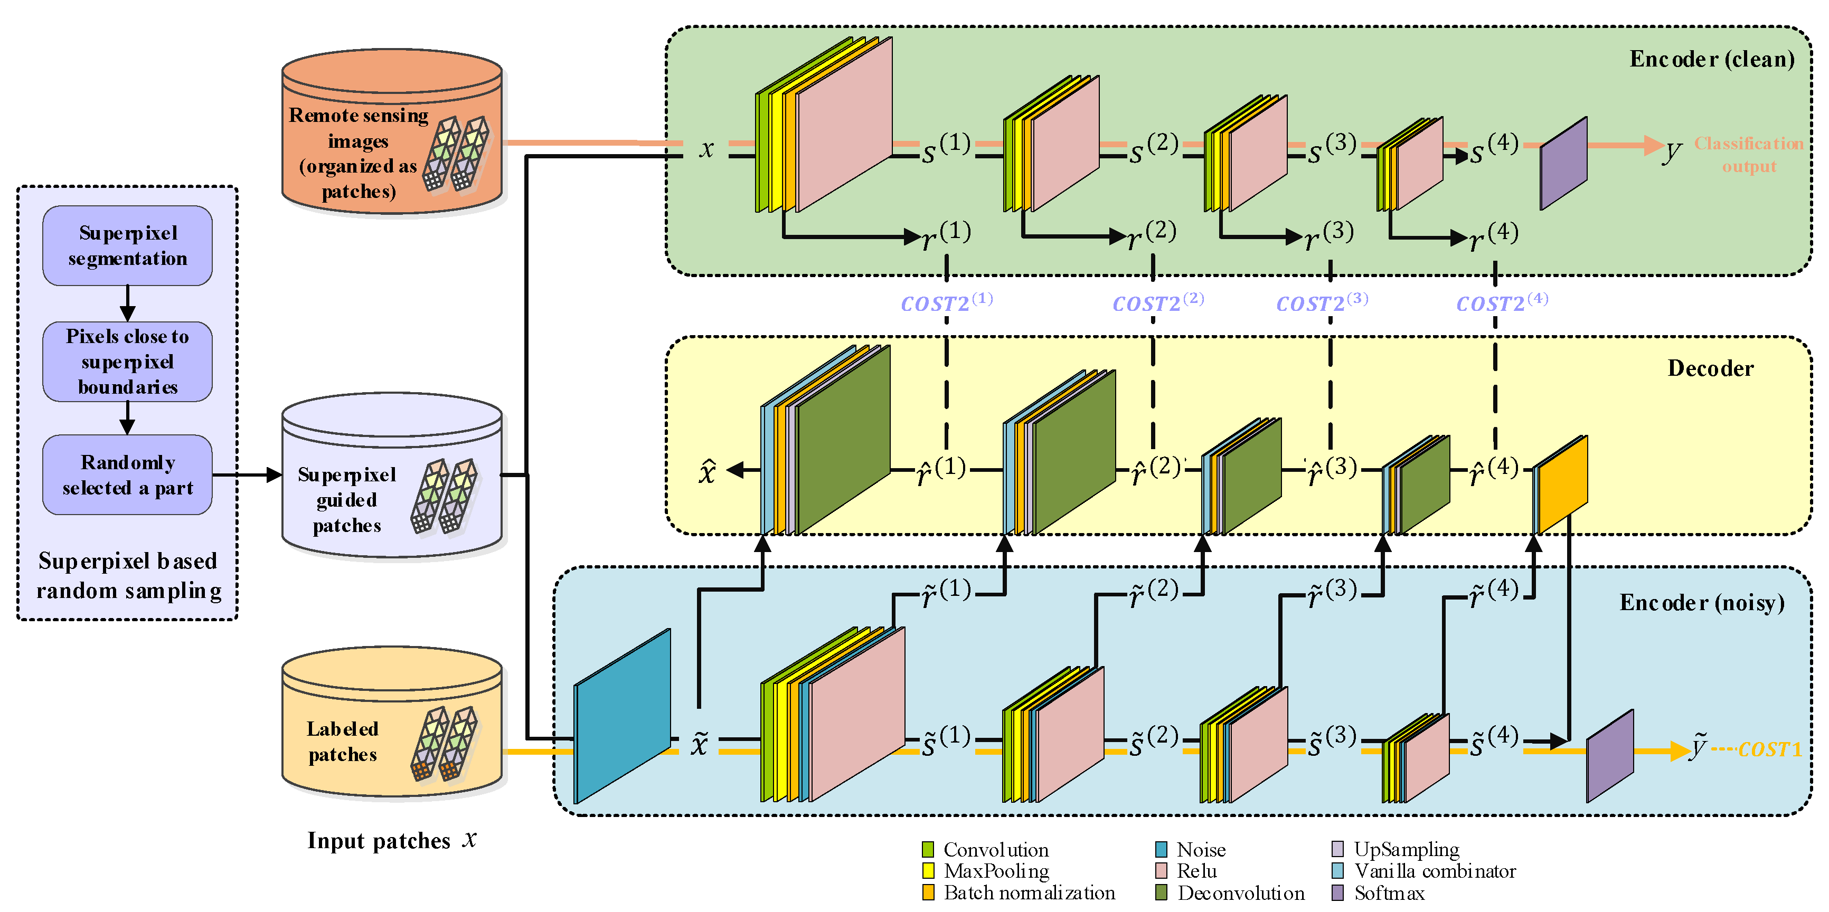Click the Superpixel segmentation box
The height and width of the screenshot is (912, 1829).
(x=127, y=245)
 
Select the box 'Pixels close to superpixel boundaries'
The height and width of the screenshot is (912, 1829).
(x=127, y=361)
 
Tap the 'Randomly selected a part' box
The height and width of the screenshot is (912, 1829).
(x=127, y=475)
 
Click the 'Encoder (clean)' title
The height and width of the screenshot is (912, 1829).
(x=1711, y=59)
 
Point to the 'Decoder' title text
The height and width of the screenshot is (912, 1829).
(x=1710, y=368)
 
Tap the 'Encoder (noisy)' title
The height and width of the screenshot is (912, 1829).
(x=1701, y=603)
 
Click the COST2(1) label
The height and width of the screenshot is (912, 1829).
(x=946, y=303)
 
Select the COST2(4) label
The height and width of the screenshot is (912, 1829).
(x=1502, y=303)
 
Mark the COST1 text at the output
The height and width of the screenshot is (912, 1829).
(x=1769, y=749)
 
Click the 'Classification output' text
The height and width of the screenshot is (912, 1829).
(x=1748, y=155)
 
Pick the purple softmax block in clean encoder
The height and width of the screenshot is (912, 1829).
(x=1563, y=164)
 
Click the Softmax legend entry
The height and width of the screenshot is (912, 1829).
(x=1388, y=893)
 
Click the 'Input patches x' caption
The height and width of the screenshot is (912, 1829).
(x=391, y=840)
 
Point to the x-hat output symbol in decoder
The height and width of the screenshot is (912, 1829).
(x=707, y=471)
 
